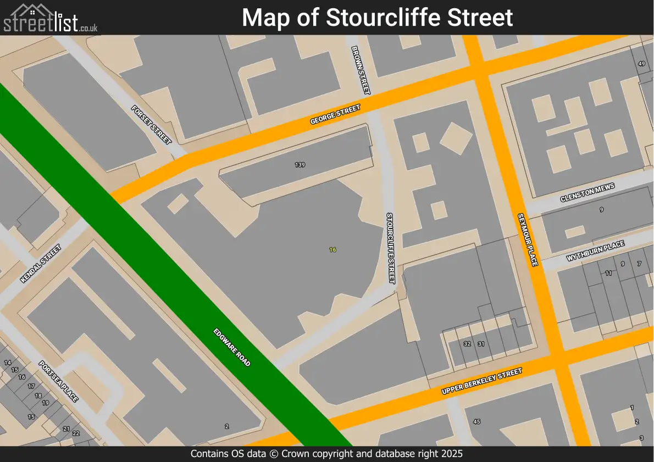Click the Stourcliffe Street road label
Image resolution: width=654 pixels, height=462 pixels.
coord(390,248)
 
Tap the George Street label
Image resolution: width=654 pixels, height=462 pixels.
coord(335,115)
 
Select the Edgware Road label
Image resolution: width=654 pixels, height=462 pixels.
coord(232,348)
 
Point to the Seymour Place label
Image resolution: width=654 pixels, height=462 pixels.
coord(527,240)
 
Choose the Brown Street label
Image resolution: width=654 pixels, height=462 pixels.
coord(362,70)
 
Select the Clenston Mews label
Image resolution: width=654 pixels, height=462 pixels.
coord(588,192)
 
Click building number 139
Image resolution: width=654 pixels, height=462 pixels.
coord(300,165)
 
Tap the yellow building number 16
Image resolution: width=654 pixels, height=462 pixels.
coord(332,249)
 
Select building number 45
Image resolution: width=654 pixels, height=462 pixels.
coord(476,421)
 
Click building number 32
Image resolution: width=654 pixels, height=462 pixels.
coord(467,344)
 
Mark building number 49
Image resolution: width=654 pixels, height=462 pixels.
coord(641,64)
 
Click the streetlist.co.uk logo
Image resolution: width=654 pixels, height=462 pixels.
coord(51,18)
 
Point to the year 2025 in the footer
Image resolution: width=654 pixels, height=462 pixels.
coord(452,454)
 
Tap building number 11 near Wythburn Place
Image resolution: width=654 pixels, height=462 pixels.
coord(608,273)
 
